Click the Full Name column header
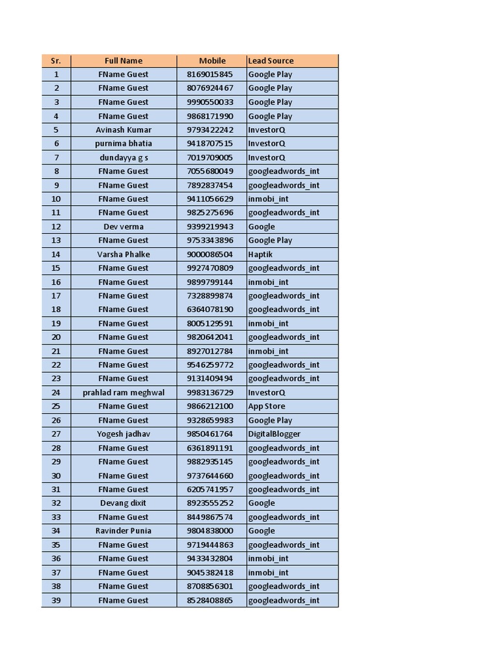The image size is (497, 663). pyautogui.click(x=124, y=61)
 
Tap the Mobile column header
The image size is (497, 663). pyautogui.click(x=212, y=61)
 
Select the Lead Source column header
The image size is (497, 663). pyautogui.click(x=271, y=61)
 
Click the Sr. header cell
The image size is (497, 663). pyautogui.click(x=56, y=61)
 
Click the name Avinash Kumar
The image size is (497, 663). pyautogui.click(x=124, y=129)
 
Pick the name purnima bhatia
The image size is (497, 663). pyautogui.click(x=124, y=144)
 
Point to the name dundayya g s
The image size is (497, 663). pyautogui.click(x=124, y=157)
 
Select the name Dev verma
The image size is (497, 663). pyautogui.click(x=124, y=227)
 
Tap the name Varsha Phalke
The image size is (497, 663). pyautogui.click(x=124, y=254)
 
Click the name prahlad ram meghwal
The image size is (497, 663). pyautogui.click(x=124, y=392)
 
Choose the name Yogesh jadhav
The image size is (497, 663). pyautogui.click(x=124, y=434)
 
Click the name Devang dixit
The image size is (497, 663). pyautogui.click(x=124, y=503)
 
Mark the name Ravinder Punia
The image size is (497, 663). pyautogui.click(x=124, y=531)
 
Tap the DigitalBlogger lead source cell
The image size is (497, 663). pyautogui.click(x=274, y=434)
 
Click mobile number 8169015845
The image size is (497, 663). pyautogui.click(x=210, y=74)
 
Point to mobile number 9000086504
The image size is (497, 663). pyautogui.click(x=210, y=254)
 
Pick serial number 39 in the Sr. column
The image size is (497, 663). pyautogui.click(x=56, y=600)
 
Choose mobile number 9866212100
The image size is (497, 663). pyautogui.click(x=210, y=407)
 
